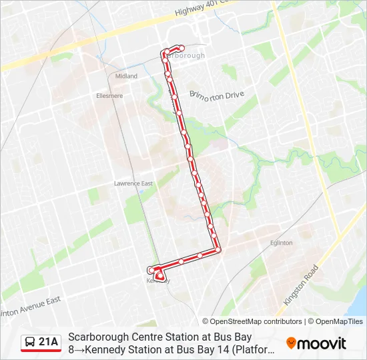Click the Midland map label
pos(126,76)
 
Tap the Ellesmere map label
pos(109,95)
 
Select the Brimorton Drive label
pos(218,95)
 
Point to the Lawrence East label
pos(133,183)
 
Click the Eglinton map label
pos(281,243)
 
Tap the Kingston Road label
pos(302,285)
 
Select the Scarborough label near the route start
pos(186,56)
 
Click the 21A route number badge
pos(48,343)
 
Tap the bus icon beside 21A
pos(30,343)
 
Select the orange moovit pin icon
pos(291,343)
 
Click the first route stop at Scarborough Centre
pos(181,48)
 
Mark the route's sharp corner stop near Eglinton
pos(218,250)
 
